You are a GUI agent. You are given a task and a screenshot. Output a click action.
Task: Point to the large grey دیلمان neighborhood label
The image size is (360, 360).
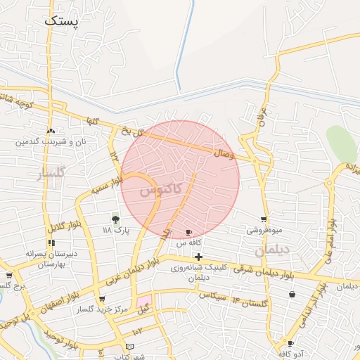coord(272,250)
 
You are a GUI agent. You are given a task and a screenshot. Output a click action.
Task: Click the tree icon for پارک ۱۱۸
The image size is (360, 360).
coord(115,219)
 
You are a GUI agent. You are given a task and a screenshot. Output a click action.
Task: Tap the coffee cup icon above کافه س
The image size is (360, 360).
coord(188,232)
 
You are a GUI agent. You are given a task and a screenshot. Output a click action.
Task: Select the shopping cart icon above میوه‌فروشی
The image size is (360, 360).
coord(264,219)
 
